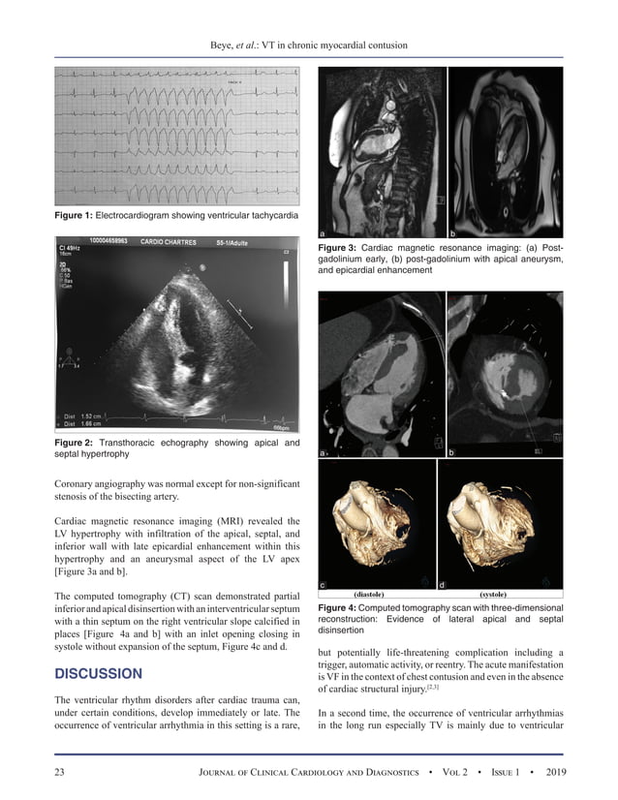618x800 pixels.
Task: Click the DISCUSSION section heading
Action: pos(99,673)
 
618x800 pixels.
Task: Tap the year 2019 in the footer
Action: pos(548,772)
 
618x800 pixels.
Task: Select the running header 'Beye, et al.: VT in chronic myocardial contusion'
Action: pos(309,46)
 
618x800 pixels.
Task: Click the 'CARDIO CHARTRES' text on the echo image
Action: pos(169,242)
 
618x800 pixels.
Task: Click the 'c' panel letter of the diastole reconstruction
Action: pos(323,584)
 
